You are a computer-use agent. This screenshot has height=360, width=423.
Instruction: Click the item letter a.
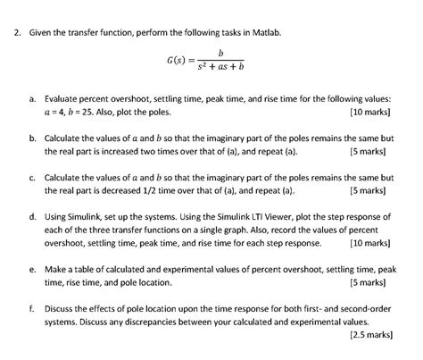(x=32, y=102)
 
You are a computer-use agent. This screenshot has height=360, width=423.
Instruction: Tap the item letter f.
(x=32, y=306)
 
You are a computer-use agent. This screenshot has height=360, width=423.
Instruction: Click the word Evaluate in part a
(x=64, y=102)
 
